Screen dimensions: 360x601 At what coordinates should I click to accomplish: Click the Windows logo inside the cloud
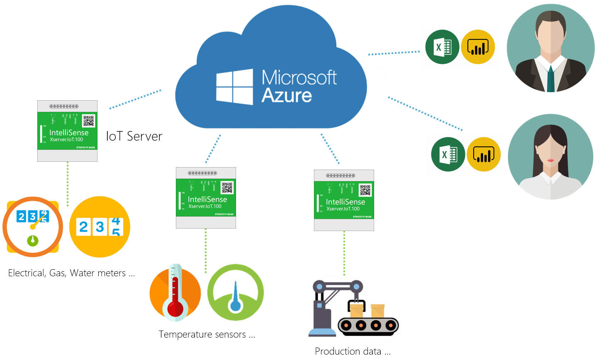coord(234,87)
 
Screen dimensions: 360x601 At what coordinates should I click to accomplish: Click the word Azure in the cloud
coord(287,96)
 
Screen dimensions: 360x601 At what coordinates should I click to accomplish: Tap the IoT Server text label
coord(134,136)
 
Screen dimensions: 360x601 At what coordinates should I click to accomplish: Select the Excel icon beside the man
coord(442,47)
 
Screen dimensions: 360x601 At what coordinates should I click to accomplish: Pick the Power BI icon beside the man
coord(478,47)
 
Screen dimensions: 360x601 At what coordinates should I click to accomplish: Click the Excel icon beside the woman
coord(448,154)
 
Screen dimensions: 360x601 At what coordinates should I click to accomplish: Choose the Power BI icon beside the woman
coord(484,154)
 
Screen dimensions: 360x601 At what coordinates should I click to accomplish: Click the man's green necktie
coord(550,79)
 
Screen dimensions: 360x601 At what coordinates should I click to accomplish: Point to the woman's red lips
coord(550,160)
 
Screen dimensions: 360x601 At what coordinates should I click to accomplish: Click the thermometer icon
coord(175,293)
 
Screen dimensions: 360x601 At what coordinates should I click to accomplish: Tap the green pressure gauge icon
coord(235,293)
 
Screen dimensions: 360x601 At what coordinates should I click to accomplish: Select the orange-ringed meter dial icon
coord(33,227)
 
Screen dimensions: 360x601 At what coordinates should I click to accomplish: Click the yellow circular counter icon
coord(100,227)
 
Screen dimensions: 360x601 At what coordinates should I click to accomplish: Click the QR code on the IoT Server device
coord(89,121)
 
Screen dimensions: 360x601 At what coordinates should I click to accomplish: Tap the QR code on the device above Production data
coord(365,190)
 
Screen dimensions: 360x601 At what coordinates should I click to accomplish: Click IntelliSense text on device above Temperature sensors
coord(207,199)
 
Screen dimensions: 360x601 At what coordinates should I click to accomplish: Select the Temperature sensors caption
coord(207,334)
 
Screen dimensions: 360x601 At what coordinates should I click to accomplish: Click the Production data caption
coord(353,351)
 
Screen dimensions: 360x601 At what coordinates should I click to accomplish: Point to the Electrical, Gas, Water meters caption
coord(71,273)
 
